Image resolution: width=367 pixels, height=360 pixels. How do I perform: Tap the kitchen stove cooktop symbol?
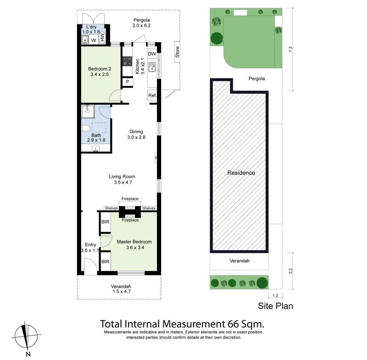click(128, 61)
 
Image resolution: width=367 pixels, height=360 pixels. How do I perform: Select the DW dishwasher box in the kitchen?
click(152, 54)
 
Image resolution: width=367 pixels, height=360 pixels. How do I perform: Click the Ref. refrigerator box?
click(152, 96)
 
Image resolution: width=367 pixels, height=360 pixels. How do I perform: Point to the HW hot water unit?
click(102, 38)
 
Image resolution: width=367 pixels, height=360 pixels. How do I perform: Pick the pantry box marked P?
click(128, 82)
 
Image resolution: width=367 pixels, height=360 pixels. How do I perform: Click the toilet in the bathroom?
click(85, 128)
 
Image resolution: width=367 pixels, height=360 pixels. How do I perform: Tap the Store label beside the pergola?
click(177, 52)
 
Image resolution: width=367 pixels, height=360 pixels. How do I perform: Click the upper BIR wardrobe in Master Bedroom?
click(105, 222)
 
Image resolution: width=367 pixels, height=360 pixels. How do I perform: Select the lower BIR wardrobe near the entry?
click(105, 261)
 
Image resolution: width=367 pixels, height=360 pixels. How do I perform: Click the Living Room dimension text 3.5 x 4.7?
click(123, 182)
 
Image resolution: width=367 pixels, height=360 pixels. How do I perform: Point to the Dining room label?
click(136, 132)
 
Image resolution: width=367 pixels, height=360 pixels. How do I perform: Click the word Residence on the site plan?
click(241, 173)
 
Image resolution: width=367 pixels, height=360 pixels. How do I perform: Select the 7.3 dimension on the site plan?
click(290, 50)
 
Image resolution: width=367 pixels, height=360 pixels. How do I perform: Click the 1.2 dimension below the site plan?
click(275, 296)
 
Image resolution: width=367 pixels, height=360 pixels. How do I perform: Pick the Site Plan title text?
click(275, 306)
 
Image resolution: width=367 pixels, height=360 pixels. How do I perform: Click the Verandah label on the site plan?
click(239, 261)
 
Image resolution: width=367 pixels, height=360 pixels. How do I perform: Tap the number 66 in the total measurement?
click(233, 324)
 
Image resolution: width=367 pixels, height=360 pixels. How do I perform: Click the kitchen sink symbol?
click(152, 67)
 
